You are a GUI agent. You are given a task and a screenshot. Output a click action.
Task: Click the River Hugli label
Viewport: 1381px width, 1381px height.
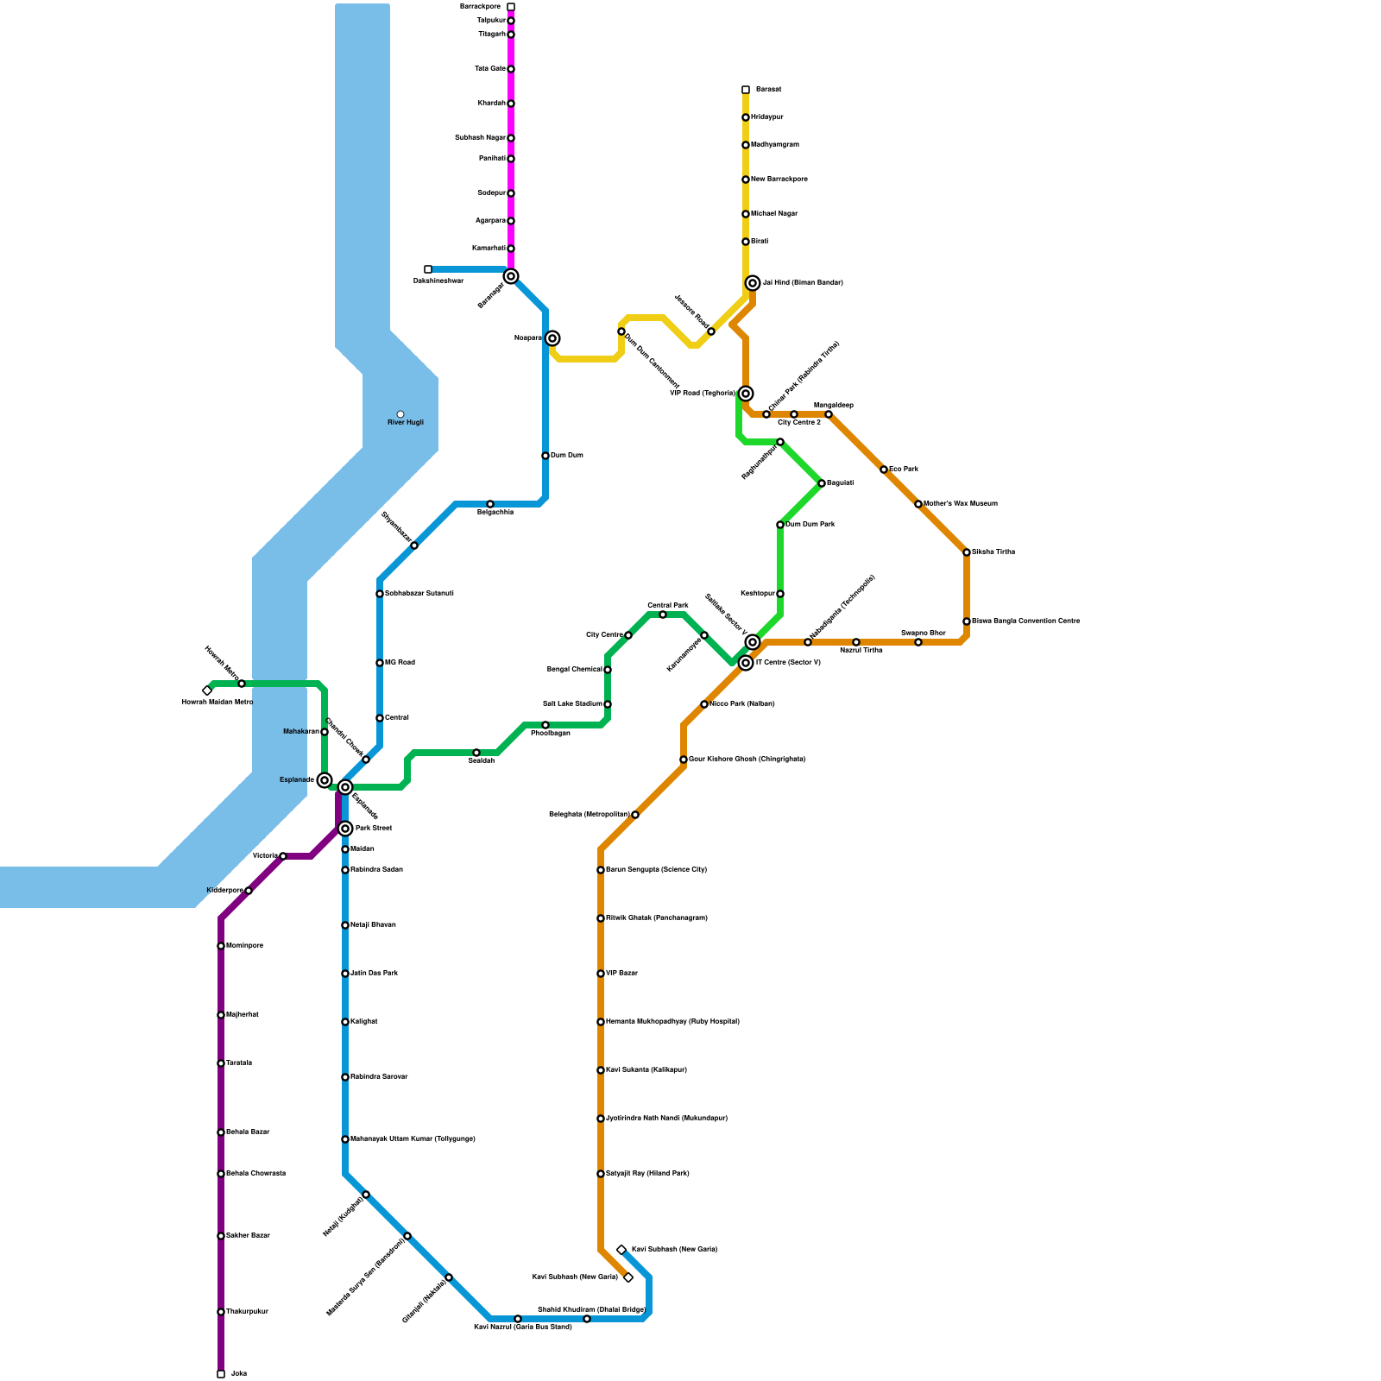click(405, 423)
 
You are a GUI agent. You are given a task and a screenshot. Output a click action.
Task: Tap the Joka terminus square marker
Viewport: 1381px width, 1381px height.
click(221, 1373)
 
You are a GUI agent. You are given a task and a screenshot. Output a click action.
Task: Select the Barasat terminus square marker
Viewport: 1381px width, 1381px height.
click(746, 90)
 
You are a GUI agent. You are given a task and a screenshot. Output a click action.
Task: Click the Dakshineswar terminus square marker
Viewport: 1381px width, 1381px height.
click(428, 269)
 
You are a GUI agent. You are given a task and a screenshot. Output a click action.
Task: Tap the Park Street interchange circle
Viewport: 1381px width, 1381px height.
click(345, 829)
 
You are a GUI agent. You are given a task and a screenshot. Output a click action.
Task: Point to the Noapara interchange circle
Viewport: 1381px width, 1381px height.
click(552, 338)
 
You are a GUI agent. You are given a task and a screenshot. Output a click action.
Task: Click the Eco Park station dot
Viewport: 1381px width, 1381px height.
click(884, 470)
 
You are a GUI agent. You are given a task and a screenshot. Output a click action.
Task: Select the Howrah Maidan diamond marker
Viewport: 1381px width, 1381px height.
click(207, 690)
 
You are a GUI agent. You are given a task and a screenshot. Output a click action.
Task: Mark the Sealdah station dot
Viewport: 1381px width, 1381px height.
click(476, 753)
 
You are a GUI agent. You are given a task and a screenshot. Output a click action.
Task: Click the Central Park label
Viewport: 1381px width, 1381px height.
click(667, 606)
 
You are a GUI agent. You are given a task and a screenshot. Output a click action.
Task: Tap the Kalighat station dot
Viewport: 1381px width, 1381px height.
click(345, 1022)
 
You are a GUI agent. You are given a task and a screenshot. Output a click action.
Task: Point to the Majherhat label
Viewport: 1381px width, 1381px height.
click(242, 1015)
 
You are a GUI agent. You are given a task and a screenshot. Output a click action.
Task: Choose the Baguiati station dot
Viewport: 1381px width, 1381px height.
click(822, 483)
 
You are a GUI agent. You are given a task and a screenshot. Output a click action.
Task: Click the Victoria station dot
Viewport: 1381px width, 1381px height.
click(283, 856)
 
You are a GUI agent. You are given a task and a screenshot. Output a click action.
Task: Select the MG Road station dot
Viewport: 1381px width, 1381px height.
click(380, 663)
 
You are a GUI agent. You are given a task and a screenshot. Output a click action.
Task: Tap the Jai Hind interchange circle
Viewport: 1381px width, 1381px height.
click(753, 283)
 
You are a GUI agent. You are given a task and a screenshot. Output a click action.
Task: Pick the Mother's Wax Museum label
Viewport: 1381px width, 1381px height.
click(960, 504)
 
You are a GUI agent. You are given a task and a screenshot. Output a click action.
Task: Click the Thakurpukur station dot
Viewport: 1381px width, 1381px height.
click(221, 1312)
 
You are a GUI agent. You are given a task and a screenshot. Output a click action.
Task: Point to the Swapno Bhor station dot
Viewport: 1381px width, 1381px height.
click(918, 642)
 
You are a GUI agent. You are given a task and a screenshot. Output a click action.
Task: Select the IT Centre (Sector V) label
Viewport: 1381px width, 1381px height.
click(787, 663)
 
